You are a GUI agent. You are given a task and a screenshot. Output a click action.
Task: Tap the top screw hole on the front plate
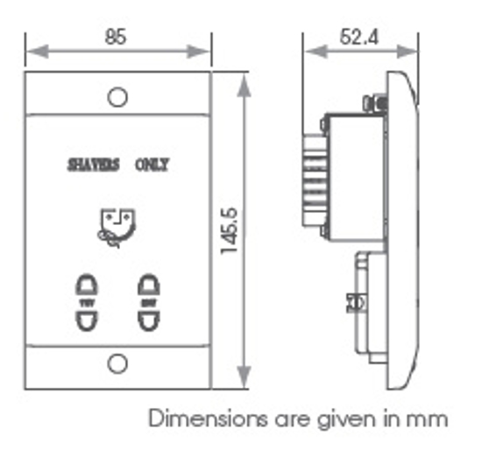117,96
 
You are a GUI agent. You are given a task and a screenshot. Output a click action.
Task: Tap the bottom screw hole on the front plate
117,364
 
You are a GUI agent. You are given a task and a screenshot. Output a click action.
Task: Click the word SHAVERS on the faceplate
94,164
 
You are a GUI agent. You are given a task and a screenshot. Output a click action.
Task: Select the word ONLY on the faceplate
152,164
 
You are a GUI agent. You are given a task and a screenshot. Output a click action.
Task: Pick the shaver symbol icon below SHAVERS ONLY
117,227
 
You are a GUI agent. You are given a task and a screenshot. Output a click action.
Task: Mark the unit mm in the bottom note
432,419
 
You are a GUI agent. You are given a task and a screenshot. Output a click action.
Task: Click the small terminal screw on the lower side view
357,302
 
